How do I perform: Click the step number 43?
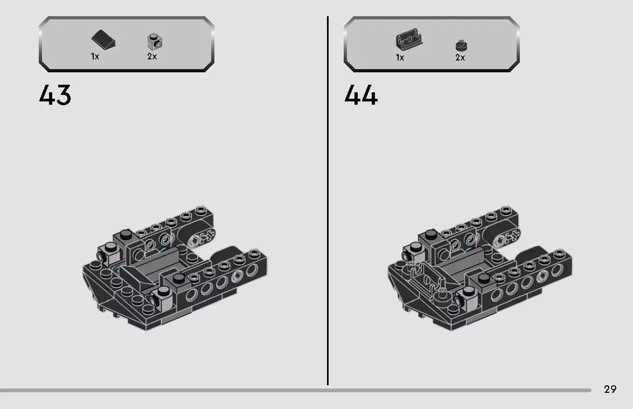(55, 96)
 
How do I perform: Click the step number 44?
(361, 96)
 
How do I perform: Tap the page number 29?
(610, 389)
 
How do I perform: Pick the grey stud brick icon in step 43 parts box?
(155, 41)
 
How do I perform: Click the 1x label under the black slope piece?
(95, 57)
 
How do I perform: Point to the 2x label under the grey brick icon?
(152, 57)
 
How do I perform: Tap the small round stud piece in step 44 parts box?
(460, 45)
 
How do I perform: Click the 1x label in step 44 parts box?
(400, 57)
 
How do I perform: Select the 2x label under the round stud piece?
(460, 57)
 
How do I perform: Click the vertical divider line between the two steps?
(328, 200)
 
